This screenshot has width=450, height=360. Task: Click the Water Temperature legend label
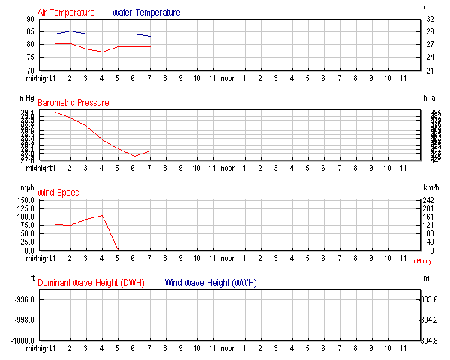(x=146, y=13)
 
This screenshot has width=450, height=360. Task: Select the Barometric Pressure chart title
(x=73, y=103)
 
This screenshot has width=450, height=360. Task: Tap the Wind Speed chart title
(x=58, y=193)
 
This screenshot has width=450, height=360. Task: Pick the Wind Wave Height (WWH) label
(x=211, y=283)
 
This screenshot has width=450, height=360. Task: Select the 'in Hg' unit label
(x=24, y=97)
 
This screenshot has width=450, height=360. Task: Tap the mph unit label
(x=27, y=187)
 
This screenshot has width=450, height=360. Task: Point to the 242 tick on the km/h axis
(x=427, y=201)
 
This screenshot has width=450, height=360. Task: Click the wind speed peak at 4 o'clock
(x=102, y=215)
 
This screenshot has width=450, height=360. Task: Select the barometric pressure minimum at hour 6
(x=133, y=157)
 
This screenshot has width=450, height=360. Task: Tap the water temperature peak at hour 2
(x=70, y=31)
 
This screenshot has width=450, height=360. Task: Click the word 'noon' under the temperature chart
(x=228, y=77)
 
